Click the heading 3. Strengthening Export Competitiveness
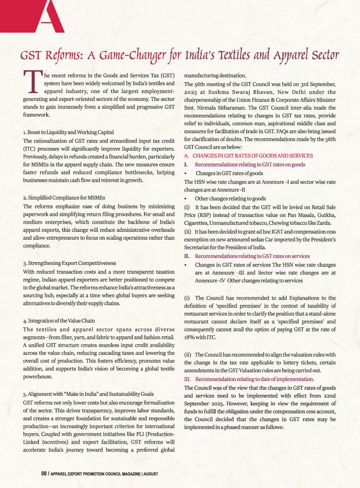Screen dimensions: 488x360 pyautogui.click(x=70, y=263)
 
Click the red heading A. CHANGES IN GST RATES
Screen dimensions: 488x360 pyautogui.click(x=248, y=156)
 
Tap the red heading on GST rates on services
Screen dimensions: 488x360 pyautogui.click(x=252, y=256)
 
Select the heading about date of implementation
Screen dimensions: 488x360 pyautogui.click(x=254, y=379)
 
